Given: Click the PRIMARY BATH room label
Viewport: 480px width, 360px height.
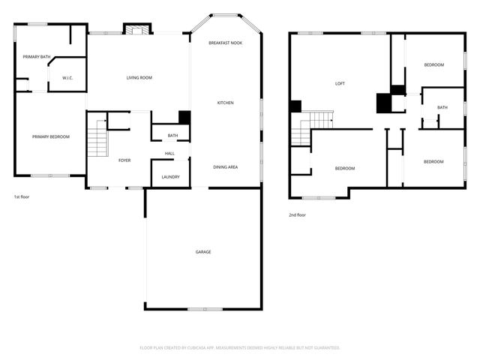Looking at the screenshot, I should [36, 57].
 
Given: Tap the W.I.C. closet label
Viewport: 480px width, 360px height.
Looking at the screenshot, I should [67, 77].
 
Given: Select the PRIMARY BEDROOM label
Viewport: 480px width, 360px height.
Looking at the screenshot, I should [51, 136].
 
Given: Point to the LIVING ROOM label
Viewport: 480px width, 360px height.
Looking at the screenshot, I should [139, 78].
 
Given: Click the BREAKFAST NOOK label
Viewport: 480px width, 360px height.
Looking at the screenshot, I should [226, 43].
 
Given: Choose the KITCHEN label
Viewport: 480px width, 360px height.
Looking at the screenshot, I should [226, 103].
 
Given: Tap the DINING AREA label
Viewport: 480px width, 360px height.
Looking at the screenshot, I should [226, 166].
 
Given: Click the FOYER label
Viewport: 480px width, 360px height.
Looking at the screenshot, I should [124, 160].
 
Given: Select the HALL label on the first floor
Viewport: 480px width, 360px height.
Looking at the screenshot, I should [170, 154].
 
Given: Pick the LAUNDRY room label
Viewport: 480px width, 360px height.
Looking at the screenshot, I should [170, 177].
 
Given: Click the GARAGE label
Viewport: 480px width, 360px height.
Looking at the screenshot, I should [203, 252].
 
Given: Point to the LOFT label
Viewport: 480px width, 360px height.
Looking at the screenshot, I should [340, 83].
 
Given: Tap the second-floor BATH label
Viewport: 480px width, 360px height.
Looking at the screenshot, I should [442, 107].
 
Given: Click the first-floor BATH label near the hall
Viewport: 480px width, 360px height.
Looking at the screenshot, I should [173, 136].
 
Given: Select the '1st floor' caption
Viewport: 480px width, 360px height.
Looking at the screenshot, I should [22, 196].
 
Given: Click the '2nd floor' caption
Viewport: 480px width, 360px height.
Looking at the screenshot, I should [298, 214].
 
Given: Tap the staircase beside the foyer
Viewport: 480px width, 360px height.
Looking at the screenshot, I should [97, 141].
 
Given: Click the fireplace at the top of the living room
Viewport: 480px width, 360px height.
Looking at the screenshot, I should [136, 30].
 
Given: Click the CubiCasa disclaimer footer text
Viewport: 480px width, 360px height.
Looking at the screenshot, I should [240, 347].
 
